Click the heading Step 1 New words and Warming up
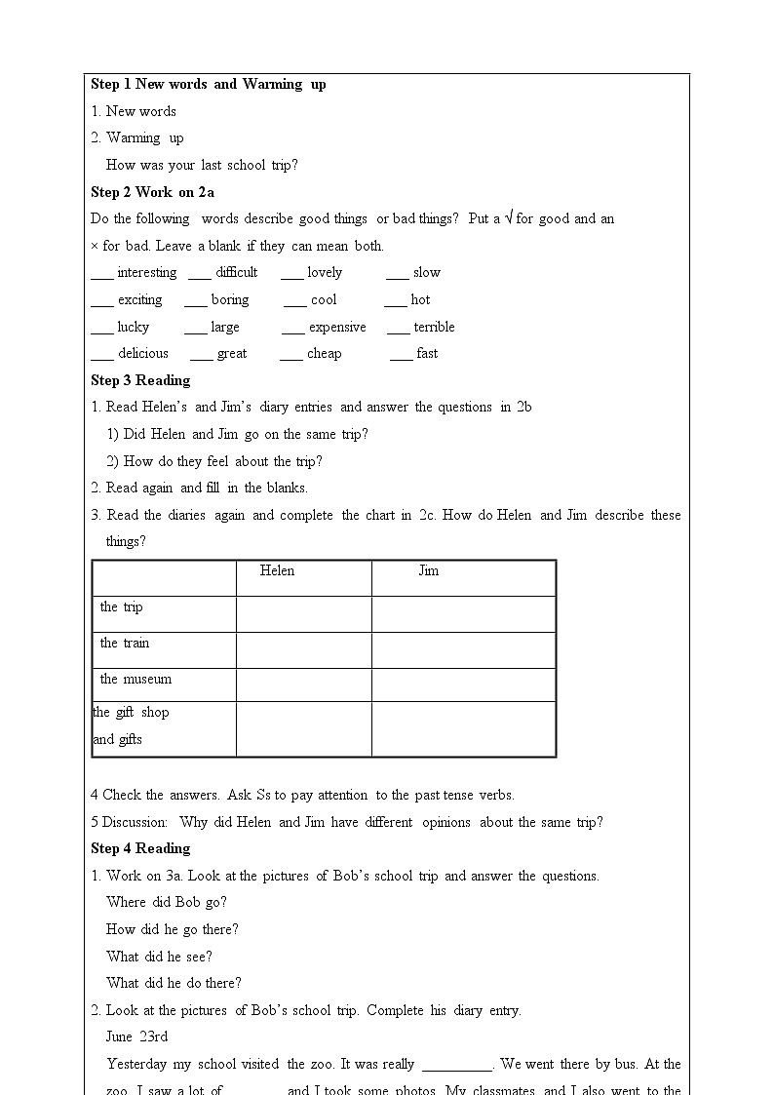(x=209, y=84)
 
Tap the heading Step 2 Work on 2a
(x=152, y=192)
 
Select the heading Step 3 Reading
(x=140, y=380)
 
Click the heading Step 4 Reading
(x=140, y=848)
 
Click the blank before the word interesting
(x=101, y=275)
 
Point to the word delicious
(x=142, y=354)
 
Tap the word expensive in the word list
(x=337, y=328)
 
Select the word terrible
(x=434, y=328)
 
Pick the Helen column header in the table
(x=277, y=571)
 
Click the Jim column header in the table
(x=429, y=571)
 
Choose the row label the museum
(x=135, y=680)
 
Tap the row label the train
(x=125, y=644)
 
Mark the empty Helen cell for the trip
(x=303, y=614)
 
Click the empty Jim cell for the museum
(x=463, y=684)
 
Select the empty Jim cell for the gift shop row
(x=463, y=728)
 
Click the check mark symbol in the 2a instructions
(x=507, y=219)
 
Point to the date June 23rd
(x=136, y=1037)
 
